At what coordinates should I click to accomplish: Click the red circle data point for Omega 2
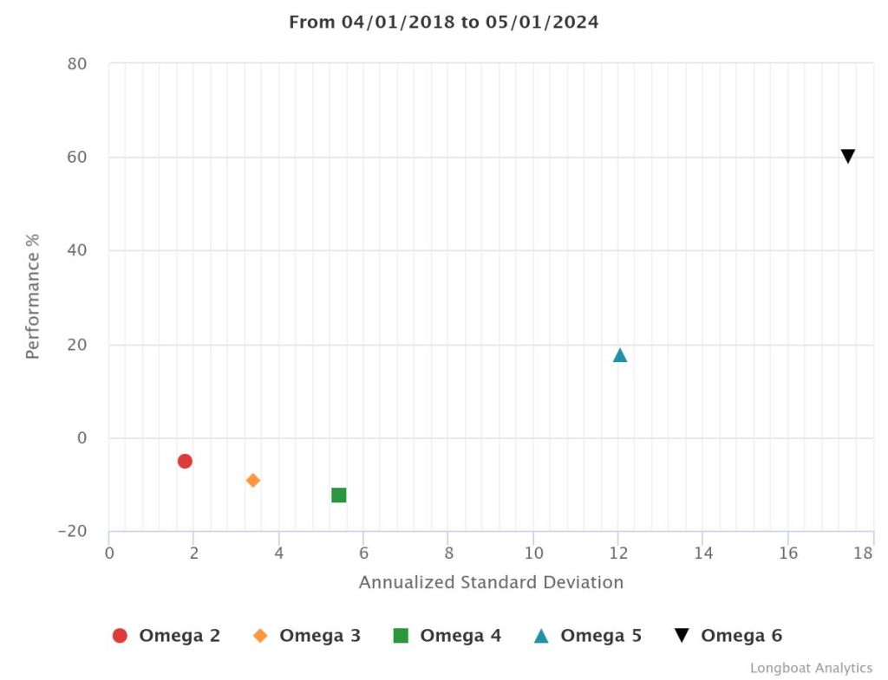[185, 461]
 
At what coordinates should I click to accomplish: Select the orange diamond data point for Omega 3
[253, 480]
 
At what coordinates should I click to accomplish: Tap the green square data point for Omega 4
[339, 495]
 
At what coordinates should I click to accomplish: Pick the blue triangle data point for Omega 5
[620, 355]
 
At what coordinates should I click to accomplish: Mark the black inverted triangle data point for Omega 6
[848, 156]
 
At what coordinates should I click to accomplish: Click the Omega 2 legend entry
[166, 636]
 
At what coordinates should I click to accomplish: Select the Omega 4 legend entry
[447, 636]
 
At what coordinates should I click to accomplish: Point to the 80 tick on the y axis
[77, 64]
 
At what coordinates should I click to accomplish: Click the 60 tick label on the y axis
[77, 158]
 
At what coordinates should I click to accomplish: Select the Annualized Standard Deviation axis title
[491, 582]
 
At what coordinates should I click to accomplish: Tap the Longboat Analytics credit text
[811, 668]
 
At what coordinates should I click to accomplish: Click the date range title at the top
[444, 23]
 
